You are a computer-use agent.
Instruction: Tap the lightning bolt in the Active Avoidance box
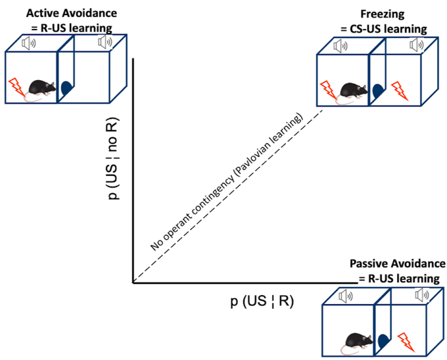click(x=16, y=86)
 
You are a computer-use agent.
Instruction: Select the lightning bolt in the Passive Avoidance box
click(x=406, y=342)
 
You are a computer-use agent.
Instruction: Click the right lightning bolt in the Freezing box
click(x=399, y=91)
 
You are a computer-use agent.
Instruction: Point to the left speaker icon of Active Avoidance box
click(x=28, y=43)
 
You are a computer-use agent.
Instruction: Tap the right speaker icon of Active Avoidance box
click(x=105, y=42)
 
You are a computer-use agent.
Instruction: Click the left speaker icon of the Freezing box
click(x=341, y=46)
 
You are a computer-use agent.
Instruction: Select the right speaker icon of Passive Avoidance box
click(x=422, y=294)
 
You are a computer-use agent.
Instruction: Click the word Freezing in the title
click(x=383, y=14)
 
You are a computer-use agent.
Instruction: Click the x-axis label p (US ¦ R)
click(x=262, y=302)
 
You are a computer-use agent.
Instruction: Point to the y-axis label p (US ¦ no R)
click(x=113, y=158)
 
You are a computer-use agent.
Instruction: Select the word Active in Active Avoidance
click(x=42, y=13)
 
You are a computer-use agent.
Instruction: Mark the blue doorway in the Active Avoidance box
click(x=66, y=88)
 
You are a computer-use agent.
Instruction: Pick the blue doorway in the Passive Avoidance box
click(x=383, y=342)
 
